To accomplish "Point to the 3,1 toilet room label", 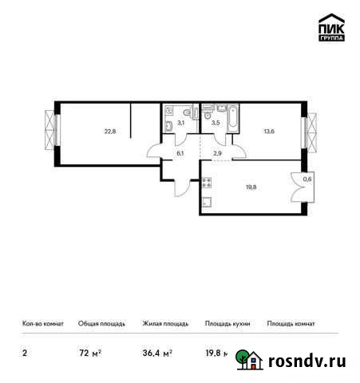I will (181, 123).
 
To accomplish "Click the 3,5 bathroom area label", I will (216, 123).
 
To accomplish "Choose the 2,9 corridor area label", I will (216, 152).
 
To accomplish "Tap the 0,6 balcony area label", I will (308, 180).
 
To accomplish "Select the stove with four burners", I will (206, 183).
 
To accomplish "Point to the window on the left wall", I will (52, 131).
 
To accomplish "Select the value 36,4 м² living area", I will (157, 352).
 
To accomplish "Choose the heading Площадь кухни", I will (227, 324).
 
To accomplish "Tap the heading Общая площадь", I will (101, 324).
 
